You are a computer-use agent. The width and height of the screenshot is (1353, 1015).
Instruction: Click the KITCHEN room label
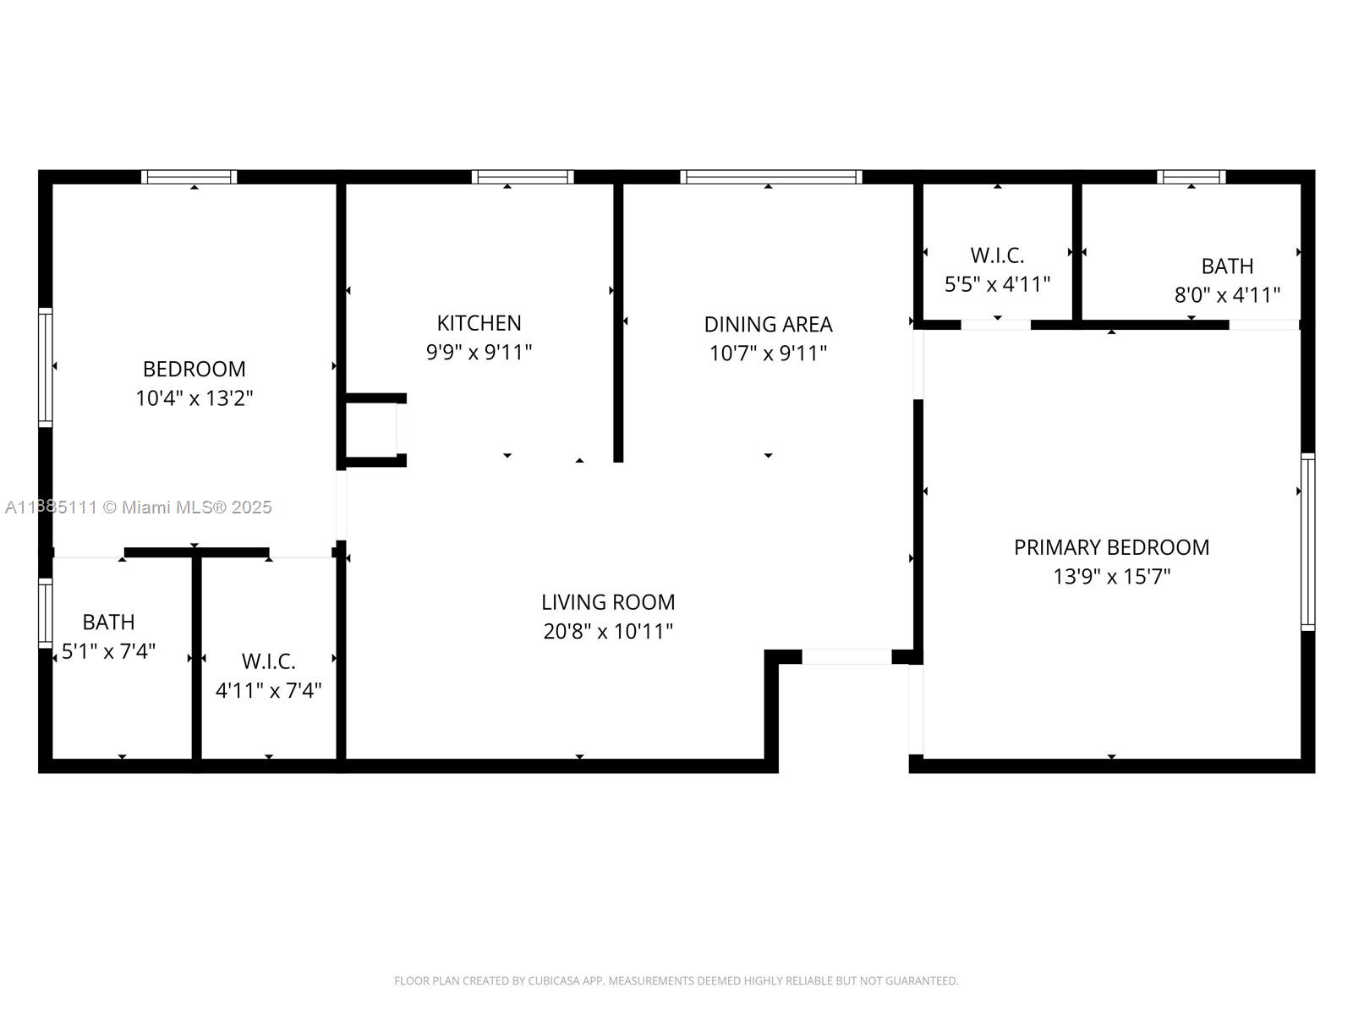tap(479, 323)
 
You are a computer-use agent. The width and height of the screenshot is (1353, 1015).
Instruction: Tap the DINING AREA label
tap(768, 324)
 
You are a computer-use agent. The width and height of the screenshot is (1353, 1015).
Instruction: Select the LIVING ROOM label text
tap(608, 602)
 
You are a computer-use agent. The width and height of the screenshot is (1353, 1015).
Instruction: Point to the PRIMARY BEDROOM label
tap(1111, 547)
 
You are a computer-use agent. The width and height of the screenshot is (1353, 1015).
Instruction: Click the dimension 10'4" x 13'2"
tap(194, 398)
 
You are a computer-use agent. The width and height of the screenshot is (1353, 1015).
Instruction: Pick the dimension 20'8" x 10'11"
tap(608, 631)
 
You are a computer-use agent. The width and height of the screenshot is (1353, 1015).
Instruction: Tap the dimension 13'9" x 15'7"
tap(1111, 576)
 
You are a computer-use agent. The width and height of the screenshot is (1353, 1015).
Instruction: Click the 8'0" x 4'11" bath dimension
tap(1227, 294)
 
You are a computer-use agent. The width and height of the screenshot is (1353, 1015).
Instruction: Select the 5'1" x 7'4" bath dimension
tap(108, 650)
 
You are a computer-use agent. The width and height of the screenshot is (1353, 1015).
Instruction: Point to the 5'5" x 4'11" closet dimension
tap(997, 284)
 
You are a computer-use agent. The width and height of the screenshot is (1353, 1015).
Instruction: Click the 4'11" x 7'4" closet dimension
tap(268, 690)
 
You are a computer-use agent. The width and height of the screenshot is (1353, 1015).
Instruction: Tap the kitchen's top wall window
tap(523, 177)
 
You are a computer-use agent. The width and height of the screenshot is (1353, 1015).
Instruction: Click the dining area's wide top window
tap(771, 177)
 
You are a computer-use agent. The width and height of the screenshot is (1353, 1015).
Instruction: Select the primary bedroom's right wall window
tap(1308, 541)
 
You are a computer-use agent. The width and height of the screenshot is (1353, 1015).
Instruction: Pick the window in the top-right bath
tap(1191, 177)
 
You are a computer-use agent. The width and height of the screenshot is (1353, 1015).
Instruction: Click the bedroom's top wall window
tap(189, 177)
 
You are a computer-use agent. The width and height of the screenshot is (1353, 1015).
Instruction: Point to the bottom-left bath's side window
tap(46, 612)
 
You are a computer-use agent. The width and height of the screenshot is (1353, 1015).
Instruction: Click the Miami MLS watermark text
tap(138, 507)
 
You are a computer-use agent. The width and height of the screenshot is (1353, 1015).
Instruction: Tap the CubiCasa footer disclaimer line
tap(676, 980)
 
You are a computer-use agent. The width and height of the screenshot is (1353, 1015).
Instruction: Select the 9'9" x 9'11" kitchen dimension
tap(479, 352)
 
